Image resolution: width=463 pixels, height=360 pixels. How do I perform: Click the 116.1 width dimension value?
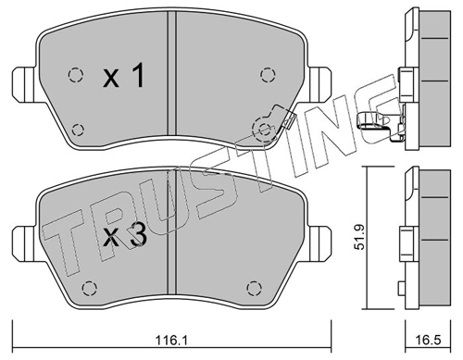pyautogui.click(x=171, y=341)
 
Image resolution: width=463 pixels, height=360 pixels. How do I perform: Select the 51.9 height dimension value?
pyautogui.click(x=360, y=237)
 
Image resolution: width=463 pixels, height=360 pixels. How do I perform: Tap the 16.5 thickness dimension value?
pyautogui.click(x=428, y=341)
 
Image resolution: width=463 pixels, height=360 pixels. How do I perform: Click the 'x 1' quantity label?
pyautogui.click(x=123, y=75)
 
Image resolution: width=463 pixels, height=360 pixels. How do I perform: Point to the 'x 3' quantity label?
pyautogui.click(x=124, y=236)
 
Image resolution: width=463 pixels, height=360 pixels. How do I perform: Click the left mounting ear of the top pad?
pyautogui.click(x=25, y=84)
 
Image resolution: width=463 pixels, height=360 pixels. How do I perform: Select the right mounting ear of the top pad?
pyautogui.click(x=319, y=84)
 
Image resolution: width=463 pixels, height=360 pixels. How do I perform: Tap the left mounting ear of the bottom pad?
pyautogui.click(x=25, y=243)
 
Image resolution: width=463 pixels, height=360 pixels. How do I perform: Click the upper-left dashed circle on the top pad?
pyautogui.click(x=75, y=75)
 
